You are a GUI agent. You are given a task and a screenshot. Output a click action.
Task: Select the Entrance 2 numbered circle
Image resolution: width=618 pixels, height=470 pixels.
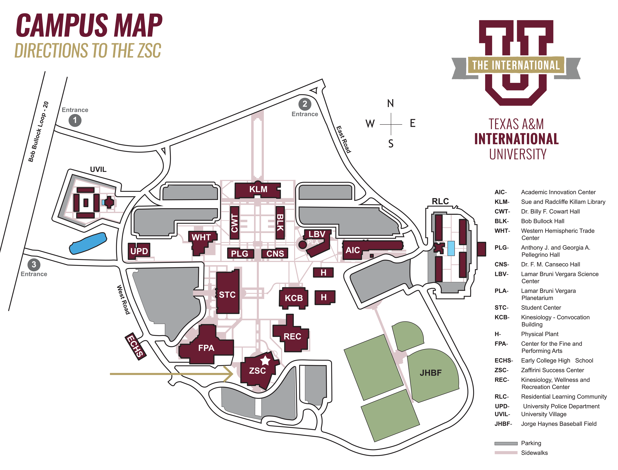tap(305, 104)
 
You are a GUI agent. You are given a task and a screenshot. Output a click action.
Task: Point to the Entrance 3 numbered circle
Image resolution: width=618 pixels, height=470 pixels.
tap(34, 264)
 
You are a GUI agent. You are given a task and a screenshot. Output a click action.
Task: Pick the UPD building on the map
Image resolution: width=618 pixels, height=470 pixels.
tap(139, 251)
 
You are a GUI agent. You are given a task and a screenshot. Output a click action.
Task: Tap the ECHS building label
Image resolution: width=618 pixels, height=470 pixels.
tap(136, 346)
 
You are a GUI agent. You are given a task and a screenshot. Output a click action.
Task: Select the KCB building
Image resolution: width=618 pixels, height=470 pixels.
tap(294, 298)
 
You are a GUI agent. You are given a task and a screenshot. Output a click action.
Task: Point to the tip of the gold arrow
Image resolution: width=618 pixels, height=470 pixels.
tap(233, 374)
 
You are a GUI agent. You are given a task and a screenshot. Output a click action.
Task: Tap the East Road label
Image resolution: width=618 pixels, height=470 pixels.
tap(343, 139)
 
